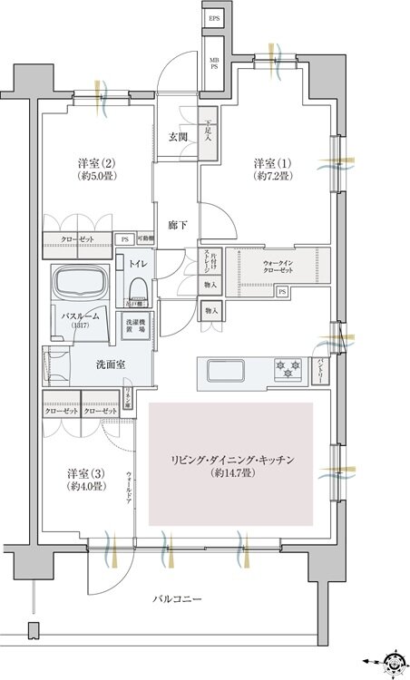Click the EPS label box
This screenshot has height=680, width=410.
214,18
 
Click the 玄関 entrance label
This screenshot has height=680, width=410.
177,137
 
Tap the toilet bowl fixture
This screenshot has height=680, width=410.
138,287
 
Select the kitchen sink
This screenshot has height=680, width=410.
224,370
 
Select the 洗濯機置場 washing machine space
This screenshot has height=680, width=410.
133,327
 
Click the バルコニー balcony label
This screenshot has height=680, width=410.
176,599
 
